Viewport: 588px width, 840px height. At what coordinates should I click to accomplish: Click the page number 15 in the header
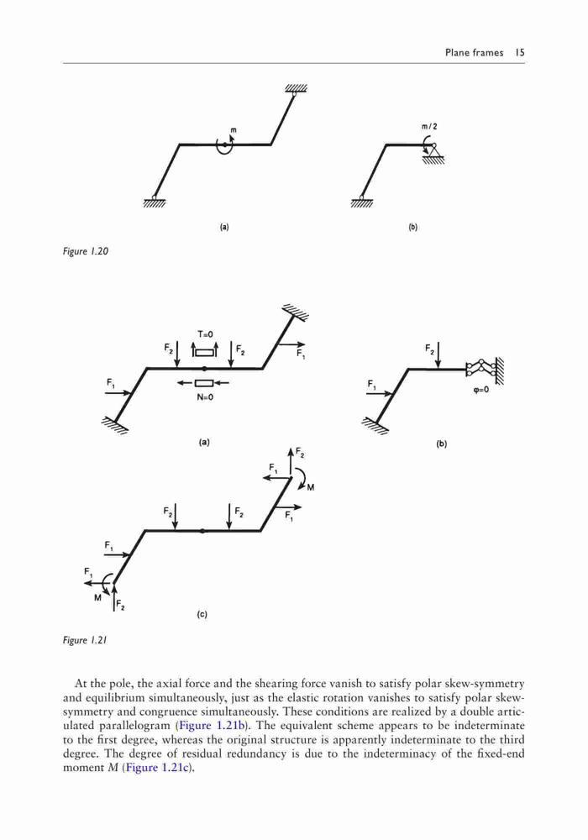[519, 52]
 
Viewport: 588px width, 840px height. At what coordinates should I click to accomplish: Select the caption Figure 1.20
[86, 251]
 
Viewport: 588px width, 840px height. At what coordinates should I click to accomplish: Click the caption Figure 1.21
[85, 640]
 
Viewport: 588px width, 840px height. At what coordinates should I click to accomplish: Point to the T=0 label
[205, 334]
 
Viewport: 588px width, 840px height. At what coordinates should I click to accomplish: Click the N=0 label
[204, 397]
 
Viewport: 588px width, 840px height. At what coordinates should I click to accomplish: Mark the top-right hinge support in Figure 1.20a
[295, 91]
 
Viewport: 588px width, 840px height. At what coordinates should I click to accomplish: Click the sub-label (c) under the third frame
[202, 615]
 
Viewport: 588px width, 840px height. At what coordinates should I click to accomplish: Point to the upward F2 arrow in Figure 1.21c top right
[291, 462]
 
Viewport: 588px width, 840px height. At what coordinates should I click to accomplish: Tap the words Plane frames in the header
[474, 52]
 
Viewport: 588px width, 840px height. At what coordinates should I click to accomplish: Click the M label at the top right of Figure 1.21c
[311, 487]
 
